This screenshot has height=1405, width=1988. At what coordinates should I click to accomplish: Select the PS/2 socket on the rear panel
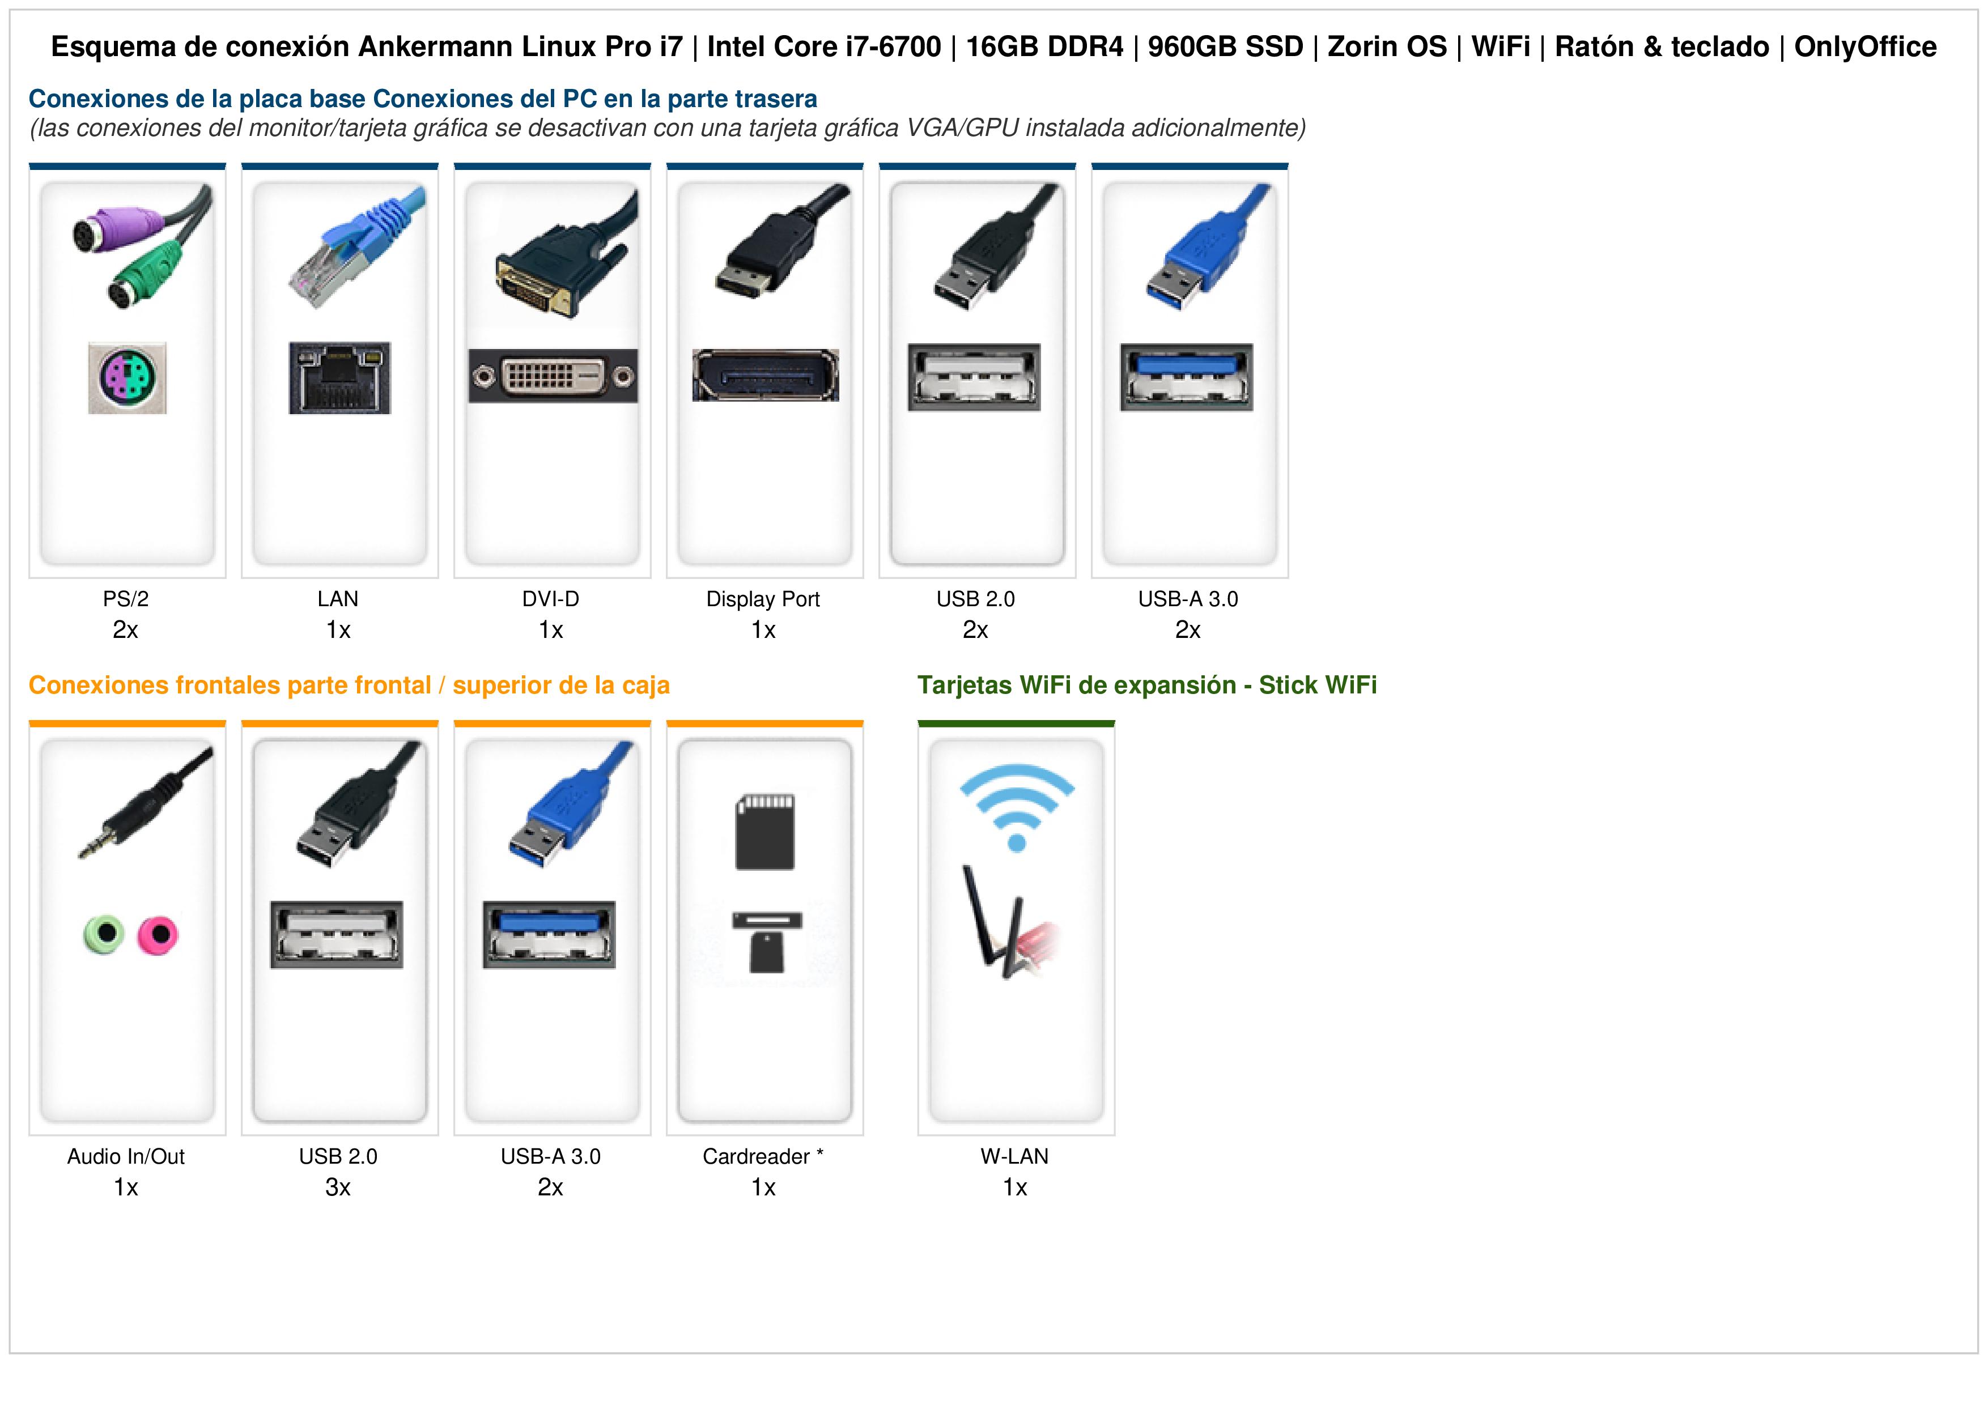click(128, 377)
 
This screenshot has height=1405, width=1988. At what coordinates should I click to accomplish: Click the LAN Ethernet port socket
click(339, 377)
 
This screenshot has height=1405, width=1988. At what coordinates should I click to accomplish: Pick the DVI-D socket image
click(553, 376)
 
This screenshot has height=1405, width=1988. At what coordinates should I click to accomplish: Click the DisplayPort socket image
click(766, 375)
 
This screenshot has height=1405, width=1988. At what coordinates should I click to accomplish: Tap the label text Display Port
click(763, 599)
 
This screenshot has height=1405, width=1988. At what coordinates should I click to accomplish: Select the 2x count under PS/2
click(126, 630)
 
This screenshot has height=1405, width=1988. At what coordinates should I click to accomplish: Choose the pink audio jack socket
click(158, 935)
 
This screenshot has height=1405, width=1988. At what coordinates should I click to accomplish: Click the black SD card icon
click(764, 832)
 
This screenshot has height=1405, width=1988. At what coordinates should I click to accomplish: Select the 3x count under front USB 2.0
click(338, 1187)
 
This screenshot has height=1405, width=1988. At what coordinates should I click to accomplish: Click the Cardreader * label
click(763, 1156)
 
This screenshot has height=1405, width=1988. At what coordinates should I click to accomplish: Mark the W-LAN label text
click(1015, 1156)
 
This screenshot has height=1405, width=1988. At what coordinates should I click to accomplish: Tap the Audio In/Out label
click(126, 1156)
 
